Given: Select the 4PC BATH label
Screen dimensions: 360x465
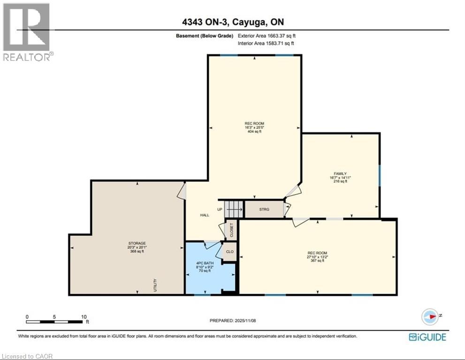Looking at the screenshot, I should pyautogui.click(x=204, y=263).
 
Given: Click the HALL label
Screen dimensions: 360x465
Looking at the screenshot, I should pyautogui.click(x=205, y=215).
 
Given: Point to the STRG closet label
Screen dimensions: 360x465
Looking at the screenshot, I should pyautogui.click(x=264, y=209).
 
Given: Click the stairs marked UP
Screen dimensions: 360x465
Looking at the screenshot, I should pyautogui.click(x=234, y=209).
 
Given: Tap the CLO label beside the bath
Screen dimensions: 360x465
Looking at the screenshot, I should pyautogui.click(x=229, y=252).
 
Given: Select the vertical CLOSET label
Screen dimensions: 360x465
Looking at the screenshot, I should pyautogui.click(x=231, y=230).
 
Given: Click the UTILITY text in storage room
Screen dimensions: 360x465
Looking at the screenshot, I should pyautogui.click(x=155, y=285).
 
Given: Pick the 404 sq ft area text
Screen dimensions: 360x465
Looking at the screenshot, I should pyautogui.click(x=254, y=132).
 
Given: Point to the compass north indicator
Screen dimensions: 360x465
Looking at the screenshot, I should pyautogui.click(x=429, y=316).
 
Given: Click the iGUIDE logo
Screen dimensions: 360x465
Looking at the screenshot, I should pyautogui.click(x=427, y=337).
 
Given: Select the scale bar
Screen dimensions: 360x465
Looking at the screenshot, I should pyautogui.click(x=56, y=322).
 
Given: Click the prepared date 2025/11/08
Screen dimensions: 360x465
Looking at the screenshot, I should pyautogui.click(x=233, y=321).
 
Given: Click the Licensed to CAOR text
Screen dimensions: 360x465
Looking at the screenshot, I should pyautogui.click(x=27, y=356).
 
